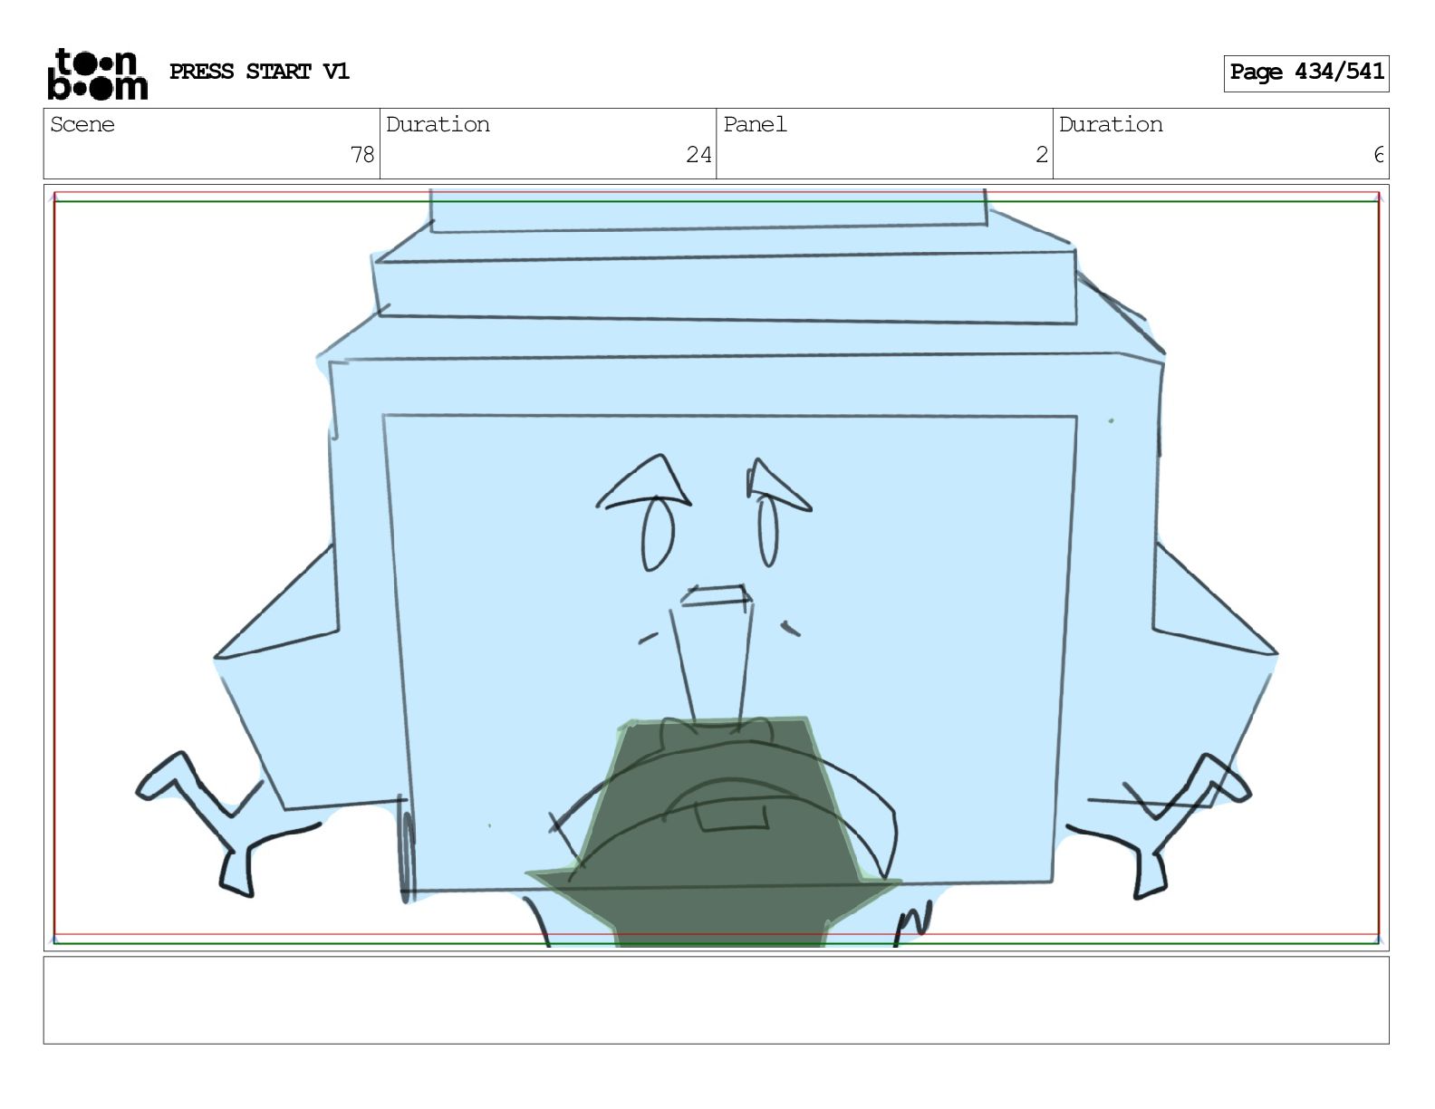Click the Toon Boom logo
point(98,74)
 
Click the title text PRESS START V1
point(259,72)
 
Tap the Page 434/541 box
point(1306,73)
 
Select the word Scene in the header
point(82,125)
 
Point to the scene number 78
point(362,155)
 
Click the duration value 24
point(698,155)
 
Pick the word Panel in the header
point(755,125)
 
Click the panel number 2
point(1042,155)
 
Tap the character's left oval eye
point(658,534)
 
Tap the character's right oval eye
point(768,532)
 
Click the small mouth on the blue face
point(717,596)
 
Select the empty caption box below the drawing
point(717,1000)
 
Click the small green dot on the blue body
point(1111,420)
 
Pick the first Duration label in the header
point(438,125)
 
